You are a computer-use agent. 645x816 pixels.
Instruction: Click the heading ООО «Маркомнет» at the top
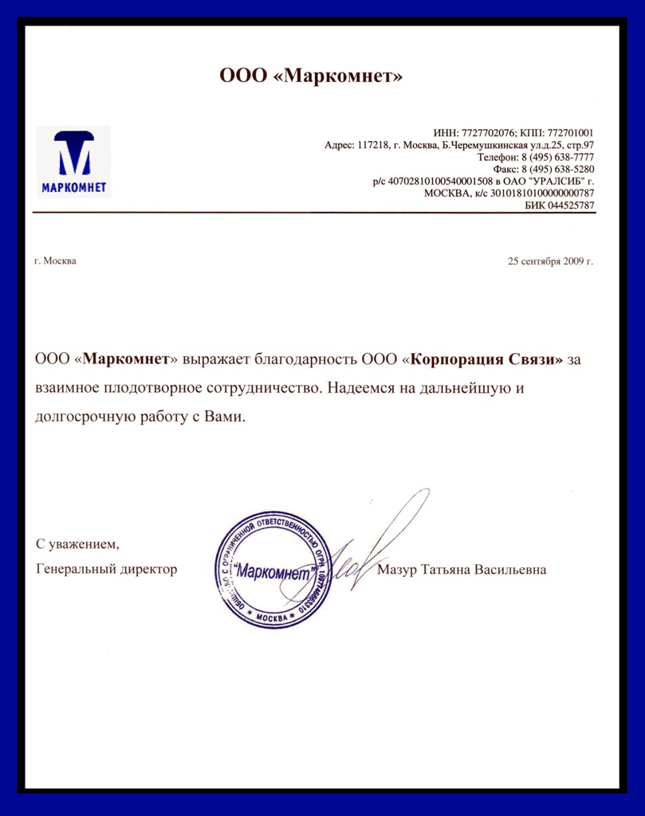point(312,76)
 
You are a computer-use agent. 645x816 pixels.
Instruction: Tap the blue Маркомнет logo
point(73,161)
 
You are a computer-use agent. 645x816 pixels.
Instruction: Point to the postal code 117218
point(373,145)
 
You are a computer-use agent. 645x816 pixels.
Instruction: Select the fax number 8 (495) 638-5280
point(557,170)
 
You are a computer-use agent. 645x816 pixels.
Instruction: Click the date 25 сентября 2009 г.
point(551,261)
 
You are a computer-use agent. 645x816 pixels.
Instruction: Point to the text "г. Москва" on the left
point(56,261)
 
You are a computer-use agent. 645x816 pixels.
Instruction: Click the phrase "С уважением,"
point(77,544)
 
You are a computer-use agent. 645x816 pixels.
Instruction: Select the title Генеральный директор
point(107,570)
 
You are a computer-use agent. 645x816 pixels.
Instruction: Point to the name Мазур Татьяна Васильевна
point(462,570)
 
